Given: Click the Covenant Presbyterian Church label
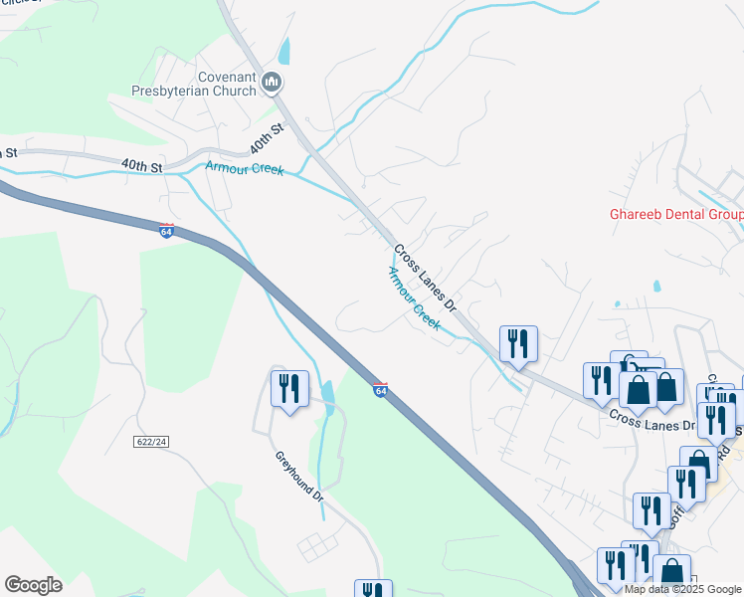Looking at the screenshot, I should (x=194, y=83).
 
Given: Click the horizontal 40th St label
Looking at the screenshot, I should (x=141, y=166).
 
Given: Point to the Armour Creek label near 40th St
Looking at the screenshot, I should (x=245, y=168).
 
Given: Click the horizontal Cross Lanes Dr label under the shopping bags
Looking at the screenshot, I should (x=651, y=420).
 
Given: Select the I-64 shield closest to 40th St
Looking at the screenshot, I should (x=167, y=230).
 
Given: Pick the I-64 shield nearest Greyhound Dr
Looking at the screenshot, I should (x=380, y=389).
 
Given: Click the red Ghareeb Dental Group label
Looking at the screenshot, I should (x=675, y=215).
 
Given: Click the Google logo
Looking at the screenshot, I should (x=33, y=584).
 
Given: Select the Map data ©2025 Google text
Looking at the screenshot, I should (x=683, y=589).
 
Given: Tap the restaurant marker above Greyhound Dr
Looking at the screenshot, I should (x=290, y=389).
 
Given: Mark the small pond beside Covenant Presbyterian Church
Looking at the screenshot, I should (x=285, y=51).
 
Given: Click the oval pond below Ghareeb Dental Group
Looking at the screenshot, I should (x=656, y=287).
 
